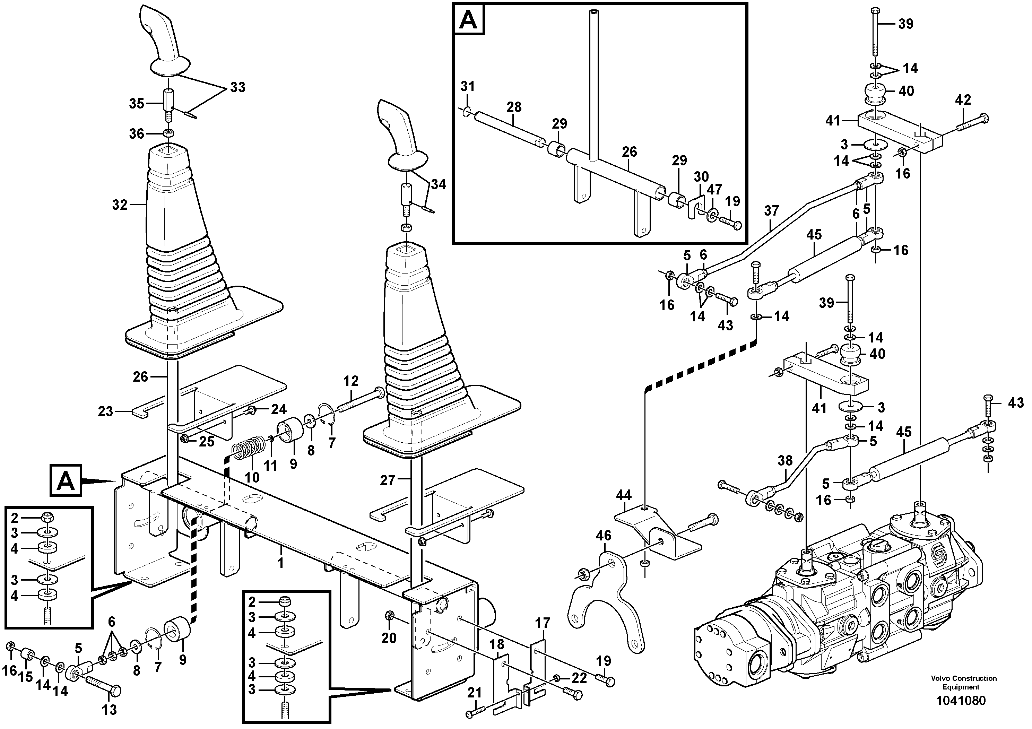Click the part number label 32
click(120, 205)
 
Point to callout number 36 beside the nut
click(137, 133)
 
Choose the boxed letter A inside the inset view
click(469, 20)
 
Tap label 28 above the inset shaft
click(514, 107)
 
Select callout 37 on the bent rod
click(771, 210)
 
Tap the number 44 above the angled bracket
click(623, 495)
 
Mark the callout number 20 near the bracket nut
click(389, 638)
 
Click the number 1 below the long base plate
click(280, 563)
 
